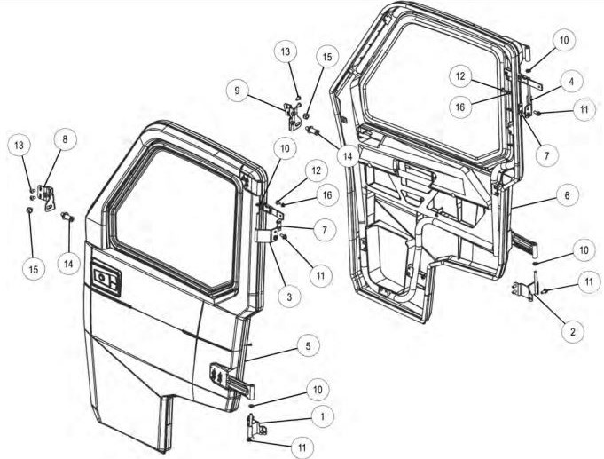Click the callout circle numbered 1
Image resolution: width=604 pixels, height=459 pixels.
323,415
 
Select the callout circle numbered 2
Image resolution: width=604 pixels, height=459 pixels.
570,331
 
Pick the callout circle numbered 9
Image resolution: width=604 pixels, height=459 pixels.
238,90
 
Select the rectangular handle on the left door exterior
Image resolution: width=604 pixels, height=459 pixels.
106,282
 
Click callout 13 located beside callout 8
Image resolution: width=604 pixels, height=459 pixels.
19,144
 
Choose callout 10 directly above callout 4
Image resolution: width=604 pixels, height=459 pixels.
563,40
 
